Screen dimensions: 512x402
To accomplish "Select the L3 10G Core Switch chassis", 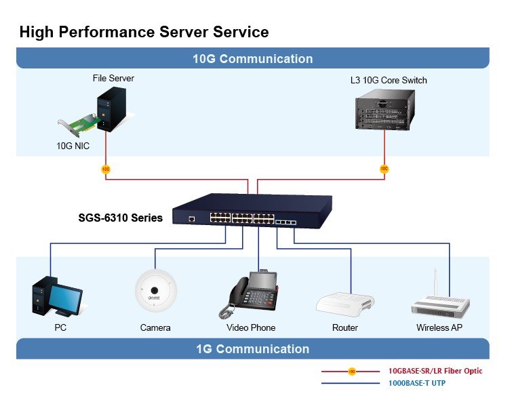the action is [385, 110].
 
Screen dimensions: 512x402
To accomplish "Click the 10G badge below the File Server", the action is [106, 169].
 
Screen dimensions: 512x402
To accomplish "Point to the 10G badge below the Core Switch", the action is [385, 169].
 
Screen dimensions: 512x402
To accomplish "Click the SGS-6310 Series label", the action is [121, 218].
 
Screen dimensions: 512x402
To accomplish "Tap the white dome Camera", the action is [156, 290].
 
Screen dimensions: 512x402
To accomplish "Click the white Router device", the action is [344, 304].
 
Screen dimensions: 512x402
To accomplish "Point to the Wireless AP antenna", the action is [435, 283].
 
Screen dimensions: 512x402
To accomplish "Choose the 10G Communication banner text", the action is [253, 59].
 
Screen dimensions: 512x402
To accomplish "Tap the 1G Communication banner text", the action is [253, 349].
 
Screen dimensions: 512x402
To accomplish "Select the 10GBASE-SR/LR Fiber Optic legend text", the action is [435, 371].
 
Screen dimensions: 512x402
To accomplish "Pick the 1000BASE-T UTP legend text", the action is [416, 383].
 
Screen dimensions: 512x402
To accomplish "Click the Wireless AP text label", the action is [439, 327].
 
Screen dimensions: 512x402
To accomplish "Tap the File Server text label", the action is [113, 79].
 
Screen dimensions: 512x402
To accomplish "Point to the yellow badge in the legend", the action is [352, 371].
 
